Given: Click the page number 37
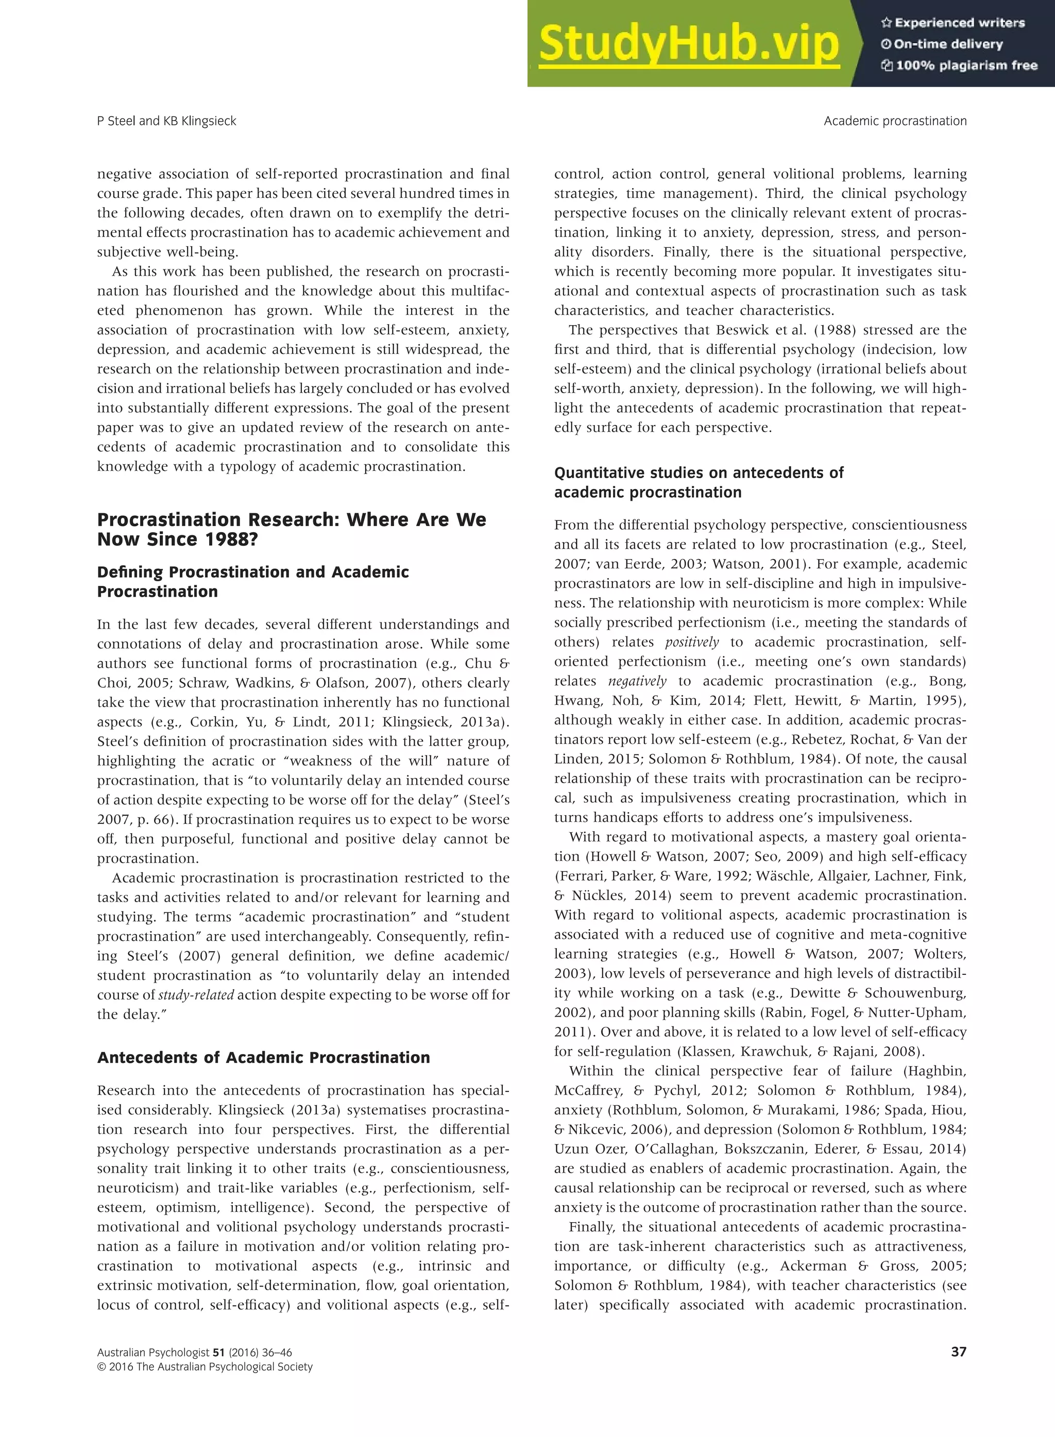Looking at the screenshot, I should pyautogui.click(x=958, y=1351).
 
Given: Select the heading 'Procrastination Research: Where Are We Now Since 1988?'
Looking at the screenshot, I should pyautogui.click(x=291, y=530).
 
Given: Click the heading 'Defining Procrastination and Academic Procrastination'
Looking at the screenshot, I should pyautogui.click(x=253, y=581).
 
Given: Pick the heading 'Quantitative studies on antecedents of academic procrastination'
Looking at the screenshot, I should pyautogui.click(x=698, y=482).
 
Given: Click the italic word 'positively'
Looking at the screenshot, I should pyautogui.click(x=692, y=642).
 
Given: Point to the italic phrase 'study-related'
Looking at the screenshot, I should pyautogui.click(x=196, y=994).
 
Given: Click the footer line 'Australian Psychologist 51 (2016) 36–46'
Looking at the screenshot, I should pyautogui.click(x=195, y=1352).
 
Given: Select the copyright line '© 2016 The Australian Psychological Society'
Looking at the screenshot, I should pyautogui.click(x=205, y=1367).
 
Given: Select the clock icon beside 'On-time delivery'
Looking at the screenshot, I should pyautogui.click(x=886, y=44).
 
